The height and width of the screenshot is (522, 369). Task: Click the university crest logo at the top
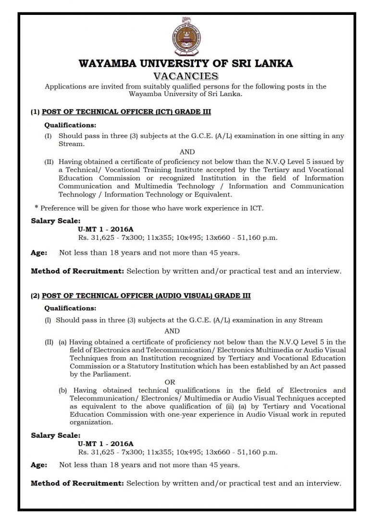(184, 37)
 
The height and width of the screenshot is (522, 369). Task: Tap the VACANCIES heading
(185, 76)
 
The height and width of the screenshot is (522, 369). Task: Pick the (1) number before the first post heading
(35, 112)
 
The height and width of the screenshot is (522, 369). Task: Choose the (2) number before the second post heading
(35, 296)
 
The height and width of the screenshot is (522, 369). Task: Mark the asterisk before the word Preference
(37, 209)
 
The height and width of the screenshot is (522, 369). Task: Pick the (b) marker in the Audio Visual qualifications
(63, 390)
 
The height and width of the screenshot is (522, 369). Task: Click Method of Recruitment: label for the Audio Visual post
(77, 483)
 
